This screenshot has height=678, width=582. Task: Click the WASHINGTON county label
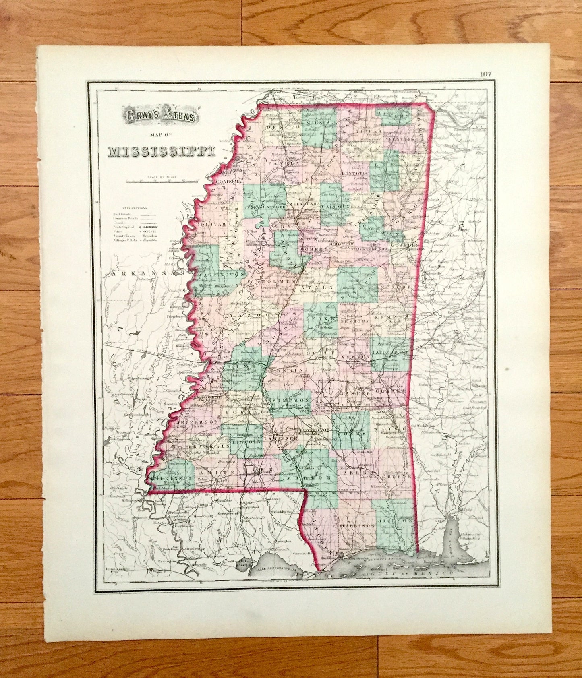click(222, 274)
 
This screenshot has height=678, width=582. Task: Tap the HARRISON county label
click(358, 526)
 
